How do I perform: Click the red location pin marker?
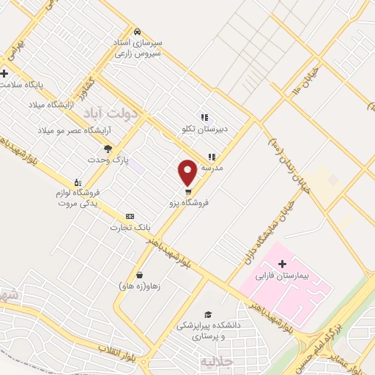187,171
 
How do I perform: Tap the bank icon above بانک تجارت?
130,216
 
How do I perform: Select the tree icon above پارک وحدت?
108,149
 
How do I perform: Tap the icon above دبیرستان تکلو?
204,117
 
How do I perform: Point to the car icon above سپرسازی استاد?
138,32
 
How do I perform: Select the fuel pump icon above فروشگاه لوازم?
77,182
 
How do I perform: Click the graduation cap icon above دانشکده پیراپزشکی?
207,313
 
